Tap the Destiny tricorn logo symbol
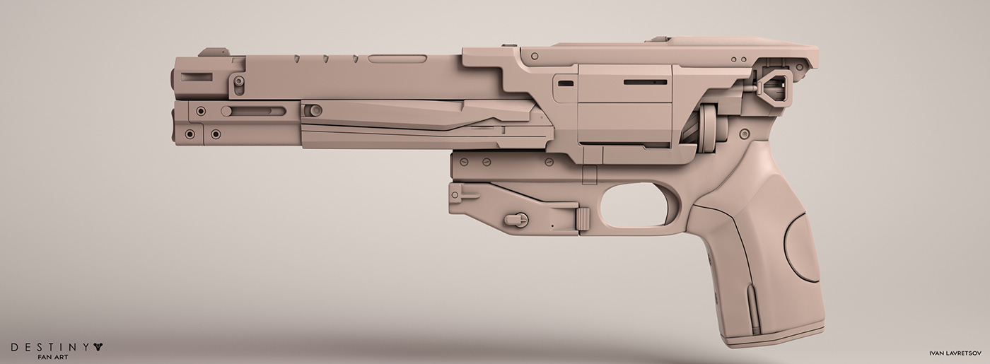98,347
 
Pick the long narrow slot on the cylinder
644,82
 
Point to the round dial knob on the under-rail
516,220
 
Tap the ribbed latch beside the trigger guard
583,219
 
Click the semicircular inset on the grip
800,247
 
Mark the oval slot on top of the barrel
397,59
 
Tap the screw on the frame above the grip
744,134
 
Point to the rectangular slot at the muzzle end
196,76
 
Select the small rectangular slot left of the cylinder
566,83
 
